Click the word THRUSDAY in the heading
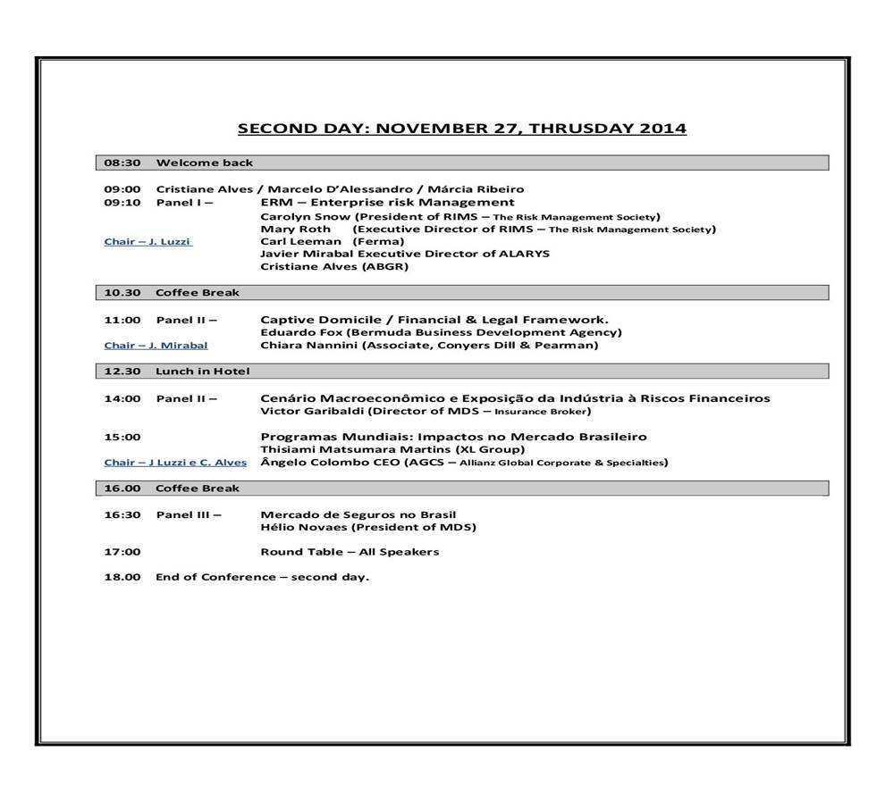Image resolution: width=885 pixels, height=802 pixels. (581, 129)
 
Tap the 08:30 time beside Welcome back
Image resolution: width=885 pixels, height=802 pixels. (122, 163)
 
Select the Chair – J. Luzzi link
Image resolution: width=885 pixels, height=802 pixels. (147, 242)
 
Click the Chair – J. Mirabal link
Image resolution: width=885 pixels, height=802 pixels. (156, 346)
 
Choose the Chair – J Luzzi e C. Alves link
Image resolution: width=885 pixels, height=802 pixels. (175, 463)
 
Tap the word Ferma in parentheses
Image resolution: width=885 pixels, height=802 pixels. (378, 242)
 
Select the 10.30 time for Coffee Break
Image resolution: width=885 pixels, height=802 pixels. (122, 293)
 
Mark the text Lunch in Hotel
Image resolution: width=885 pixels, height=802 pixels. (203, 372)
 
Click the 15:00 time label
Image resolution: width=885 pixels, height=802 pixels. (122, 438)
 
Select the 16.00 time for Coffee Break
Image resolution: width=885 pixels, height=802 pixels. (122, 489)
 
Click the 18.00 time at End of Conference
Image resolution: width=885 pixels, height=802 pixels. (122, 577)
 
